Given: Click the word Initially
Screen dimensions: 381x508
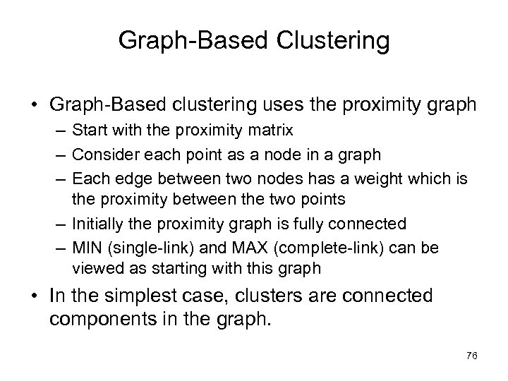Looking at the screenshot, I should pyautogui.click(x=100, y=224).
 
